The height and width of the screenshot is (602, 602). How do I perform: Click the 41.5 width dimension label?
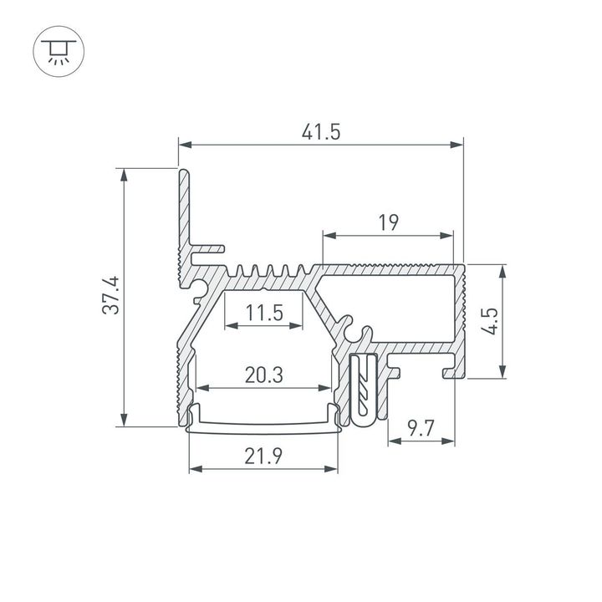click(321, 131)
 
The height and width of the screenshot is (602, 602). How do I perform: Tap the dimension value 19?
click(387, 223)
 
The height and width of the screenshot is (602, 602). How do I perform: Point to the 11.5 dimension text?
click(265, 314)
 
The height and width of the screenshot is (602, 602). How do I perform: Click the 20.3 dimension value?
click(263, 376)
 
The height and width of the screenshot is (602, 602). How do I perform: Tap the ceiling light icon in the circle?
click(58, 48)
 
